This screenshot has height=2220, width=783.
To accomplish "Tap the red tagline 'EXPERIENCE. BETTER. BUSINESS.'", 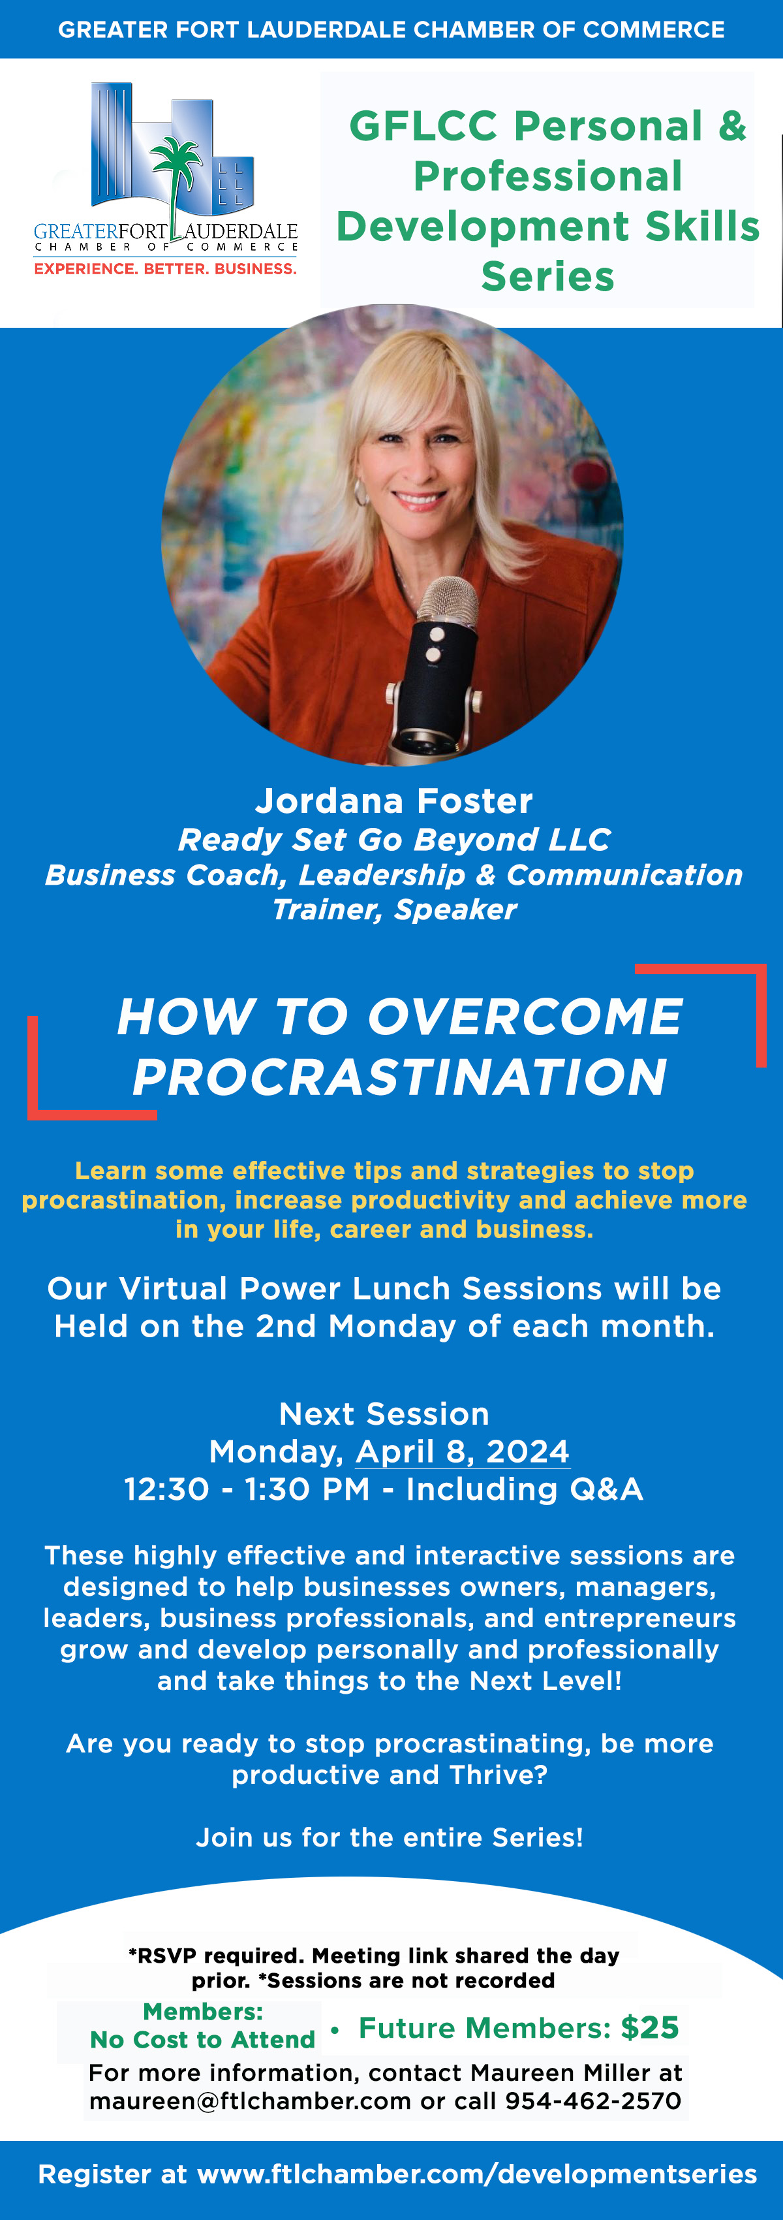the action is pyautogui.click(x=165, y=269).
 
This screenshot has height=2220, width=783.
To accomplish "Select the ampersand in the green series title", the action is pyautogui.click(x=731, y=126).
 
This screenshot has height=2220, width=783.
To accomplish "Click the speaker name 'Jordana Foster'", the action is pyautogui.click(x=393, y=801).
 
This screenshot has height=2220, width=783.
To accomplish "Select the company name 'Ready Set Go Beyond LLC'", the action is pyautogui.click(x=393, y=840).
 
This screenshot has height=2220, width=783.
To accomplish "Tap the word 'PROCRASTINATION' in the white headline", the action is pyautogui.click(x=400, y=1077).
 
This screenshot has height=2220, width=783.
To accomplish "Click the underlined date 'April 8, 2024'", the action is pyautogui.click(x=463, y=1451).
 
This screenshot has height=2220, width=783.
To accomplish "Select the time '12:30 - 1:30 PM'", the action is pyautogui.click(x=247, y=1489).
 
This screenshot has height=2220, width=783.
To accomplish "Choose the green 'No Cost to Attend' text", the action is pyautogui.click(x=202, y=2040).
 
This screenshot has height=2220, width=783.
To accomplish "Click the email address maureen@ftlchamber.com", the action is pyautogui.click(x=250, y=2101).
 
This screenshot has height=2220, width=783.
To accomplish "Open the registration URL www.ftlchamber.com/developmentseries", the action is pyautogui.click(x=477, y=2174).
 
